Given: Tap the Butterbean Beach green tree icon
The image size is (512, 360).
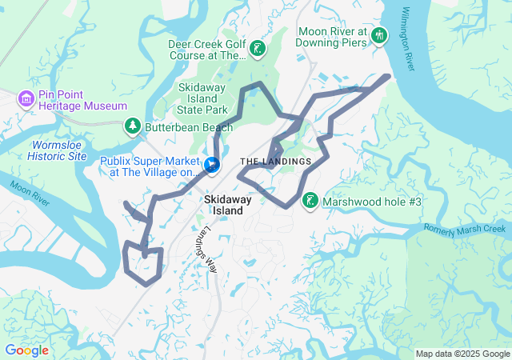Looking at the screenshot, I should click(132, 126).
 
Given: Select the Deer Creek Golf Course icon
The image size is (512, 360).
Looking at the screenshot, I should click(257, 50).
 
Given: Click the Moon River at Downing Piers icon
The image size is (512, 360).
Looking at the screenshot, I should click(378, 36).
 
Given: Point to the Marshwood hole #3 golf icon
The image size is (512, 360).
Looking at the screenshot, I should click(309, 202).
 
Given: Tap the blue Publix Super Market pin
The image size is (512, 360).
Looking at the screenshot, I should click(212, 166).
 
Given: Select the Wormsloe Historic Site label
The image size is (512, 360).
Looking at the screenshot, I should click(57, 150).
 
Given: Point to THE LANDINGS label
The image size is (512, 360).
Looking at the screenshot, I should click(275, 162).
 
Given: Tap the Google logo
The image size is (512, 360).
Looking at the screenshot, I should click(26, 350).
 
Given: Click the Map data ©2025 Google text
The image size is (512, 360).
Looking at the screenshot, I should click(462, 354).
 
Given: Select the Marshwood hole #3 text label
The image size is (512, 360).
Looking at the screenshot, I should click(371, 202).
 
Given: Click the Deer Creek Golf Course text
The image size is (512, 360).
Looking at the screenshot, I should click(207, 50).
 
